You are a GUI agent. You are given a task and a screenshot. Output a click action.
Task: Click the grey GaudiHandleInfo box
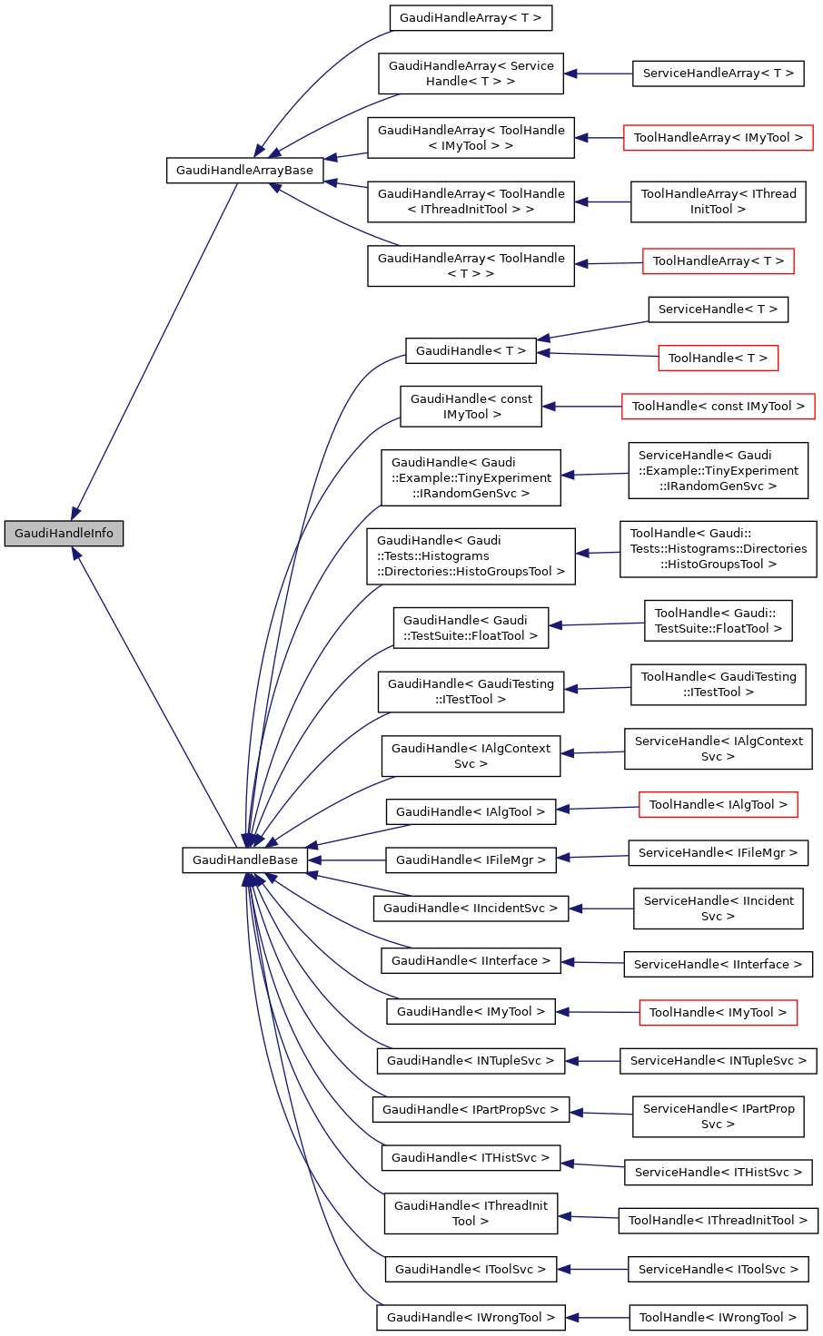(x=64, y=534)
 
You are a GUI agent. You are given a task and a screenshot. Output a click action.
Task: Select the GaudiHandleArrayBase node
(x=244, y=171)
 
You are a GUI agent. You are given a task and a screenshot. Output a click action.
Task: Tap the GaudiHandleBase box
(x=244, y=860)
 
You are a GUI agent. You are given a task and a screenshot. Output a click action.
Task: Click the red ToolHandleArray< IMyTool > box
(x=718, y=138)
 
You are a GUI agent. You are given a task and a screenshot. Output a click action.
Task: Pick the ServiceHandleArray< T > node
(x=718, y=74)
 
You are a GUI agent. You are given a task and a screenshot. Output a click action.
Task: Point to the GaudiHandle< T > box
(x=471, y=351)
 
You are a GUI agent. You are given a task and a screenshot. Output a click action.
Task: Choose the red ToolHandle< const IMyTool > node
(x=718, y=407)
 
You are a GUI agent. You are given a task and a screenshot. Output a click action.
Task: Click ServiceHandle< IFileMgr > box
(x=718, y=853)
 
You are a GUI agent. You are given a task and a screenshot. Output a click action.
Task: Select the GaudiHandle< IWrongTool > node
(x=471, y=1318)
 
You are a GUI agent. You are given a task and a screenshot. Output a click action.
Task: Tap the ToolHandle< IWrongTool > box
(x=718, y=1318)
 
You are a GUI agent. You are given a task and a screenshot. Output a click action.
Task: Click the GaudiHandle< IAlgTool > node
(x=471, y=812)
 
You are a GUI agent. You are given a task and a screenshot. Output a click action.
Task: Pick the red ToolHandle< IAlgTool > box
(x=718, y=805)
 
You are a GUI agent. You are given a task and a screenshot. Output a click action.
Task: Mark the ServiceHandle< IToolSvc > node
(x=718, y=1270)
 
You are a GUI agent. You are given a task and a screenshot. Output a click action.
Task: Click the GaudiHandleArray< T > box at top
(x=471, y=18)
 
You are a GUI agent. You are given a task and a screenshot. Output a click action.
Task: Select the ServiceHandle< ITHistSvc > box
(x=718, y=1173)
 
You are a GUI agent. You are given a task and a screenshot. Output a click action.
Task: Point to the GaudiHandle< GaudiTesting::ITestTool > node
(x=471, y=692)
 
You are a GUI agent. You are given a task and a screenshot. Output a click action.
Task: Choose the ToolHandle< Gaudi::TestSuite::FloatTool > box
(x=718, y=621)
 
